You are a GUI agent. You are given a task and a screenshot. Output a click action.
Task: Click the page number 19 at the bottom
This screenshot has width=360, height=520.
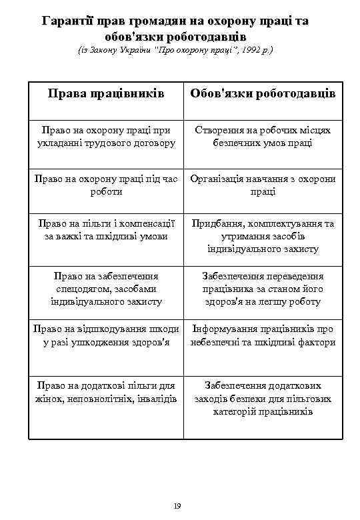coord(177,507)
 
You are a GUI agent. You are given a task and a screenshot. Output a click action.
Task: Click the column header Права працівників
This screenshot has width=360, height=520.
coord(106,93)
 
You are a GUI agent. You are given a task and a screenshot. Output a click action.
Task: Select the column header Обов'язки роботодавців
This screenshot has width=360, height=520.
coord(263,93)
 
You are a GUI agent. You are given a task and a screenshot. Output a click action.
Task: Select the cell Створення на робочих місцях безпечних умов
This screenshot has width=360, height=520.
coord(263,137)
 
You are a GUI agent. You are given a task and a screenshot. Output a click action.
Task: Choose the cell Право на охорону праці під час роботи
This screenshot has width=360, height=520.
coord(106,185)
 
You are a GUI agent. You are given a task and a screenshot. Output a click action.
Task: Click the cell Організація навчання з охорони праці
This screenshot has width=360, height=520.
coord(263,185)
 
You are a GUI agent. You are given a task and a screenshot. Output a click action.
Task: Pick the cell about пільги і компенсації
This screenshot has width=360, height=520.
coord(106,229)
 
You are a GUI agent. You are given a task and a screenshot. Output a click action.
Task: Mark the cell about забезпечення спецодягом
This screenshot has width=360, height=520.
coord(106,288)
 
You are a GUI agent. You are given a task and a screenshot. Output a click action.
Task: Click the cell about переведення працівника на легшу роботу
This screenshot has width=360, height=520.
coord(263,288)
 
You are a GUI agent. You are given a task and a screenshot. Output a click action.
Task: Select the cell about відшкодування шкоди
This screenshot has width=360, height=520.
coord(106,335)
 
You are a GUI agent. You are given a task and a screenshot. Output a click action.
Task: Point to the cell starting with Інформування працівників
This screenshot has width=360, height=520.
coord(263,335)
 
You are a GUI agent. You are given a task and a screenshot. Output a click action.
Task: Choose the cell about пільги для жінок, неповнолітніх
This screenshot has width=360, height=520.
coord(106,392)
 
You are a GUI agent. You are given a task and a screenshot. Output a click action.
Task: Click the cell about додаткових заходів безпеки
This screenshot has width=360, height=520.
coord(263,399)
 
